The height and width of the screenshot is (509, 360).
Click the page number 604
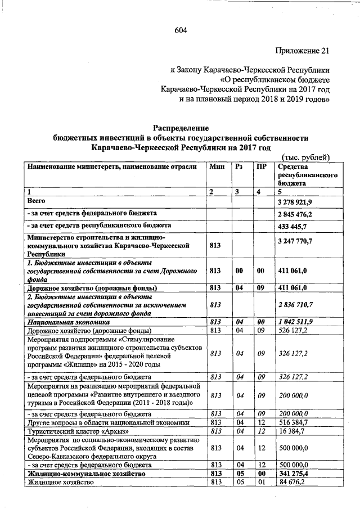180,30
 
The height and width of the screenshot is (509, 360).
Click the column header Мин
217,166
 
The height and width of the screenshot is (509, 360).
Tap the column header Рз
238,166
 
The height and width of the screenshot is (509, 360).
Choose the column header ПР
260,166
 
